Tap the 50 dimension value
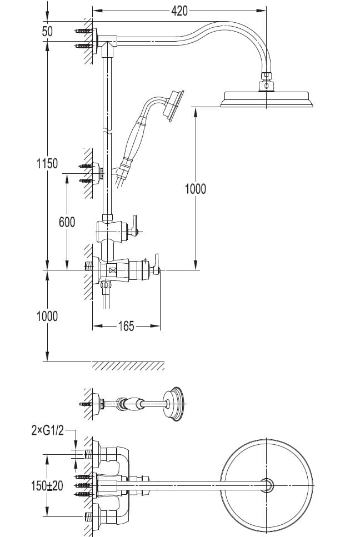47,32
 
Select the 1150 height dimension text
46,164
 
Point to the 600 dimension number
67,222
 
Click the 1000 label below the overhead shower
195,189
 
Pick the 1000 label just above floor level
47,316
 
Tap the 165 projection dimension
126,327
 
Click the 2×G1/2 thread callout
47,429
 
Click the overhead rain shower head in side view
268,99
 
